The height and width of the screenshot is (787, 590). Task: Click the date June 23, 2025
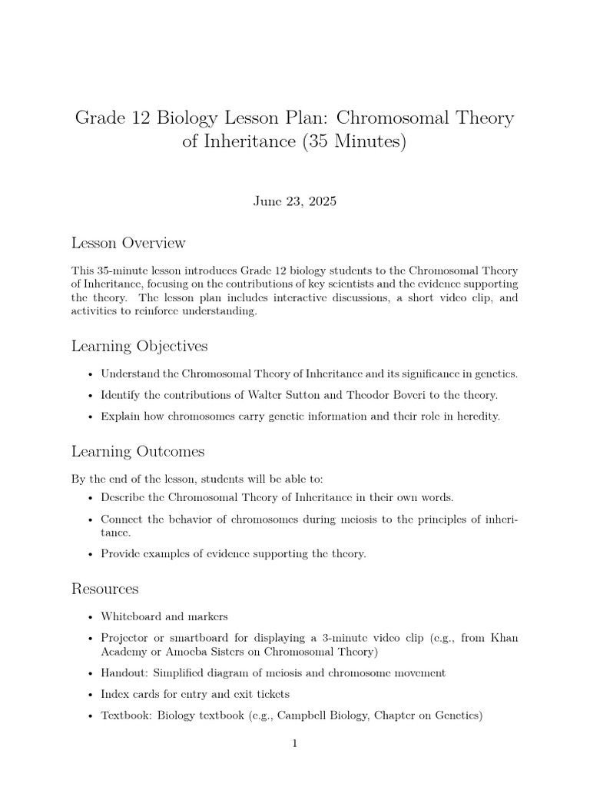294,201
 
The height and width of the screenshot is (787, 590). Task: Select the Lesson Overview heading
128,243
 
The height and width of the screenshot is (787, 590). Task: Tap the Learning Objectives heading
139,347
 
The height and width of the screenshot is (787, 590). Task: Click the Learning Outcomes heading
138,451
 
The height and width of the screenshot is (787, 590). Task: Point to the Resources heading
104,589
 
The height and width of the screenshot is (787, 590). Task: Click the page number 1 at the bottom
295,743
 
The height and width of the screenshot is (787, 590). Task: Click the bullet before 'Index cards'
91,694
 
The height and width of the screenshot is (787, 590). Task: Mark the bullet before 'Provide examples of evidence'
91,554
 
